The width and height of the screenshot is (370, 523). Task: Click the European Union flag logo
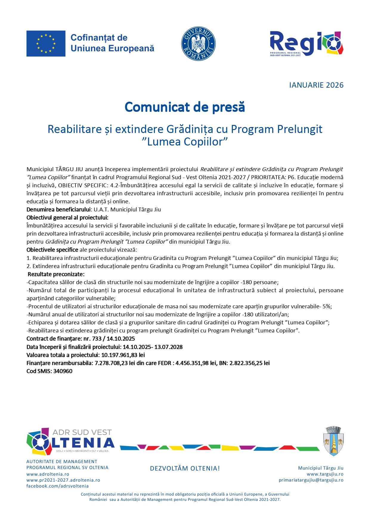pyautogui.click(x=46, y=44)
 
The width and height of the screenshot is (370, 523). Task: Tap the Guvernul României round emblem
pyautogui.click(x=198, y=44)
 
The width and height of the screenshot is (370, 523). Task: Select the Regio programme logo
pyautogui.click(x=306, y=44)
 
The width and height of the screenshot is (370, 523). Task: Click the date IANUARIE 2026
pyautogui.click(x=316, y=85)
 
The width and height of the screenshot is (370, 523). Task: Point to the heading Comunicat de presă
pyautogui.click(x=185, y=107)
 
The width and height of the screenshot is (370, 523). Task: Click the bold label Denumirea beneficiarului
pyautogui.click(x=58, y=210)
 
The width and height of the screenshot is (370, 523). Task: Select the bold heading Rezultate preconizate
pyautogui.click(x=56, y=274)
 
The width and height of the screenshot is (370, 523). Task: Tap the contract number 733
pyautogui.click(x=97, y=339)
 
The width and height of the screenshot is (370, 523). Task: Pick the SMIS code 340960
pyautogui.click(x=63, y=371)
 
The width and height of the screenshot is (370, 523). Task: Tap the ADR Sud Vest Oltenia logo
pyautogui.click(x=71, y=442)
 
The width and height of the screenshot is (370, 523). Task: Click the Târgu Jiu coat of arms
pyautogui.click(x=333, y=441)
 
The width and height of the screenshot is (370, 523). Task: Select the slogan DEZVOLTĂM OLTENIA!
pyautogui.click(x=185, y=468)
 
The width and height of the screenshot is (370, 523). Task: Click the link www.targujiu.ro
pyautogui.click(x=325, y=474)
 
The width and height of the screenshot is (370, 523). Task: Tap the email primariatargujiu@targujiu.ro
pyautogui.click(x=311, y=480)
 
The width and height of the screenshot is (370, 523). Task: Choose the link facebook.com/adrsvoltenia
pyautogui.click(x=58, y=486)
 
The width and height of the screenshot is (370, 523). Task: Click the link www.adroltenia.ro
pyautogui.click(x=48, y=474)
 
